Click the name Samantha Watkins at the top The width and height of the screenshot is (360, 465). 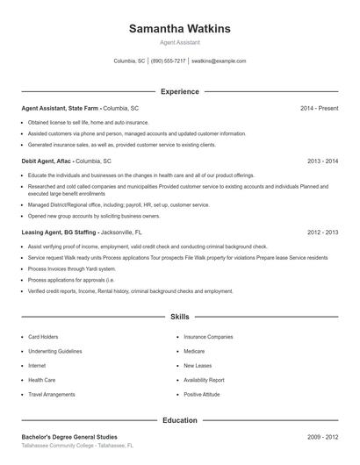(179, 29)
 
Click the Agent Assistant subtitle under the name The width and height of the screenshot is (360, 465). (179, 42)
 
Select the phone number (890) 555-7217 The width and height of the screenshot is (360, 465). (169, 61)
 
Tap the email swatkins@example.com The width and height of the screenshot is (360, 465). (219, 61)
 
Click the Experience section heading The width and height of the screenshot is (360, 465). (179, 91)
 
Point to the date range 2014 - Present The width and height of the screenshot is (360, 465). (319, 108)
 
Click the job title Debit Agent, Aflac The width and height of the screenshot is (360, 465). (47, 161)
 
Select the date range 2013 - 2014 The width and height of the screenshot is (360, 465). (322, 161)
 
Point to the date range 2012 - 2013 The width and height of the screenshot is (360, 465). (322, 232)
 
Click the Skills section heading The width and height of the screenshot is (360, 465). (179, 316)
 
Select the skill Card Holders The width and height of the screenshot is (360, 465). (43, 336)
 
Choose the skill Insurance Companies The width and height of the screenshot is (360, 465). (208, 336)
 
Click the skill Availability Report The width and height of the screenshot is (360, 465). (204, 380)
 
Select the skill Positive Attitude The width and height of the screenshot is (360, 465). (202, 395)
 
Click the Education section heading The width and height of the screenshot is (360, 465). (179, 420)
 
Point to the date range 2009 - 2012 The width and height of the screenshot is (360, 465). (322, 437)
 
